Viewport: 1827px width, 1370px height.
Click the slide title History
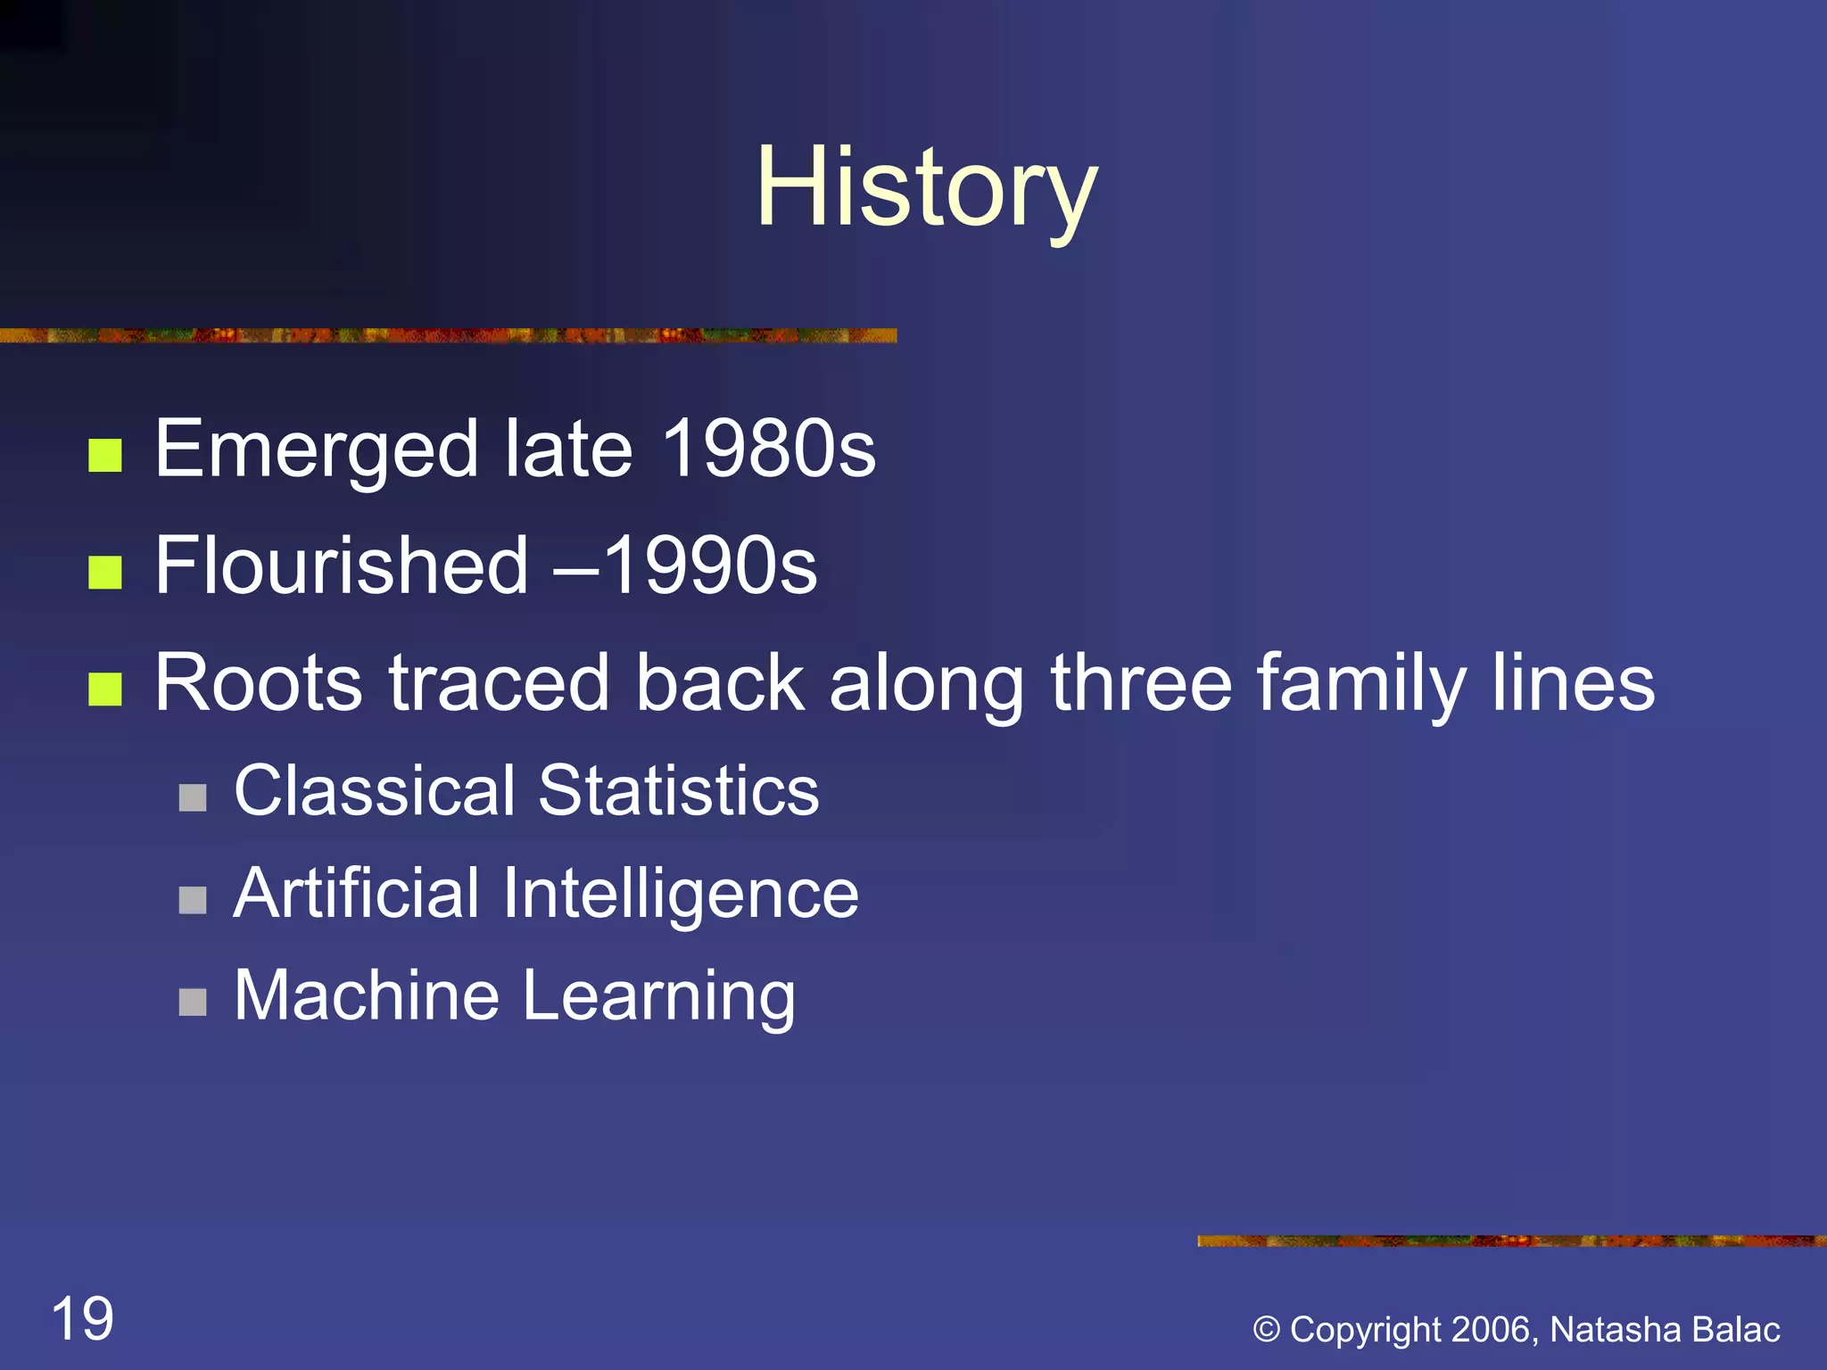pos(926,189)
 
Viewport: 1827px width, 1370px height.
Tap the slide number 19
pos(83,1319)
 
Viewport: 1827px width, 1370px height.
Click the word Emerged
pos(317,450)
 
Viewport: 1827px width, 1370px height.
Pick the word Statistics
pos(679,791)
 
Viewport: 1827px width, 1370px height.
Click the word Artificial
pos(357,894)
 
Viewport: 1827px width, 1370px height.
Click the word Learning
pos(659,997)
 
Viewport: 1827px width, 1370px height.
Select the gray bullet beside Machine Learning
pos(193,1002)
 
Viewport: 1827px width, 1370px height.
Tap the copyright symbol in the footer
pos(1267,1330)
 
